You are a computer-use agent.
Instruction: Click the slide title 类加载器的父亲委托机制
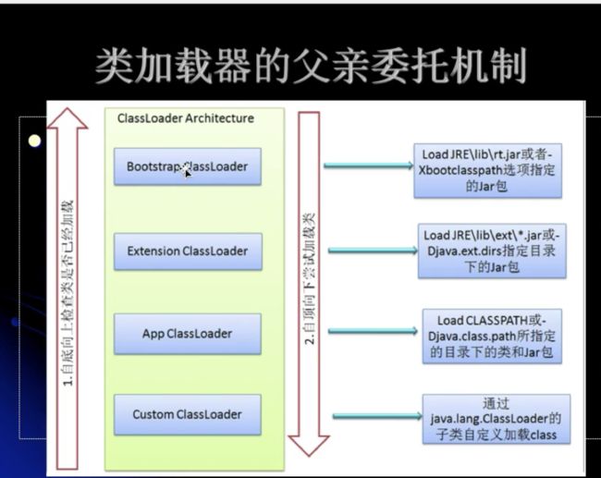point(311,66)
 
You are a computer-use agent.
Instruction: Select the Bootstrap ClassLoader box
point(188,166)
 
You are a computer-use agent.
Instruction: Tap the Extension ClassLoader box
point(188,251)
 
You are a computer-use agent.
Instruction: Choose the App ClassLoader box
point(188,334)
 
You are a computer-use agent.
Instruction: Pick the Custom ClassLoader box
point(188,415)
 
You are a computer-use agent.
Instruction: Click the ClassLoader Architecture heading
point(186,118)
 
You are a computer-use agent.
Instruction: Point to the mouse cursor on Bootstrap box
point(188,173)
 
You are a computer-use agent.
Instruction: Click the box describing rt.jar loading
point(487,170)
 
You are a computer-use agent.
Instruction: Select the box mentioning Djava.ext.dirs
point(492,251)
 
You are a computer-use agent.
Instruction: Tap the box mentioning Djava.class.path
point(492,337)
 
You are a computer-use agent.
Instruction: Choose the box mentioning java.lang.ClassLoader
point(496,420)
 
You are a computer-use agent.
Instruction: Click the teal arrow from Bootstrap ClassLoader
point(369,165)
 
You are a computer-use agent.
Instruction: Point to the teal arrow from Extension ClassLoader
point(373,251)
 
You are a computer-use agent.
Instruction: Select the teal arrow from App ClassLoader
point(373,331)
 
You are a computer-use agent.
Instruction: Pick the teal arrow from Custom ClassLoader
point(377,416)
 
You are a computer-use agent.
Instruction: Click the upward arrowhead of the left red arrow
point(67,118)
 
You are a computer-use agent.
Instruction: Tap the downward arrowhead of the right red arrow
point(309,446)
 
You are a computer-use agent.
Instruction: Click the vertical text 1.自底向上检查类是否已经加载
point(67,293)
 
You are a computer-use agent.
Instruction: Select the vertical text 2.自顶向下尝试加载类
point(310,278)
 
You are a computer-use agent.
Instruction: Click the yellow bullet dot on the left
point(34,141)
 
